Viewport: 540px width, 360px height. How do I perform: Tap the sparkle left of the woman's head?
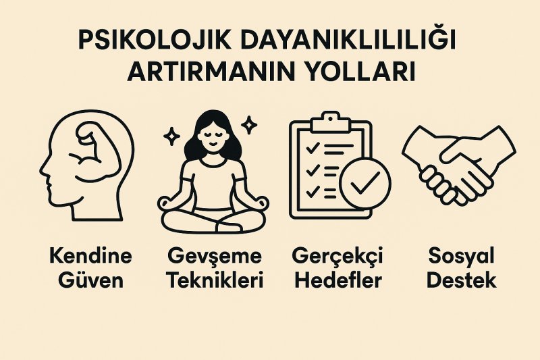click(x=171, y=136)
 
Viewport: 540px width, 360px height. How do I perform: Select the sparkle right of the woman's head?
click(x=249, y=125)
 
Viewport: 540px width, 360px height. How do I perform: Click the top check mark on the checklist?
click(x=313, y=149)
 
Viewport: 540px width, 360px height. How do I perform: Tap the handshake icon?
click(x=459, y=165)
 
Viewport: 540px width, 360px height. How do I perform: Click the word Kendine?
click(x=90, y=256)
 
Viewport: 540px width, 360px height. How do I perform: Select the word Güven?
click(x=90, y=280)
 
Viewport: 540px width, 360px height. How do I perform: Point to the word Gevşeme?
click(x=215, y=257)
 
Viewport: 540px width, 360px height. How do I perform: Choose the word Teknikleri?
click(x=215, y=280)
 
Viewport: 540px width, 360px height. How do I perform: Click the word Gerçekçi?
click(x=337, y=257)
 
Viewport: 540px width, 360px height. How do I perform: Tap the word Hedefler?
click(x=338, y=280)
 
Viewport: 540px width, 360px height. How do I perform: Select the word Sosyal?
click(x=462, y=257)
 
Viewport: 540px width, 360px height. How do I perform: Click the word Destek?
click(x=462, y=280)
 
